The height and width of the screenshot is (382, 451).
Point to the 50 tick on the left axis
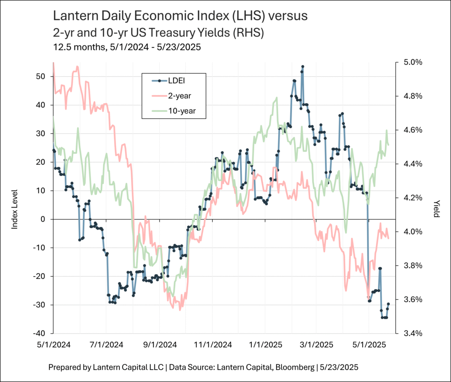pos(41,76)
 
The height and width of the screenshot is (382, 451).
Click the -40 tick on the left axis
pos(40,334)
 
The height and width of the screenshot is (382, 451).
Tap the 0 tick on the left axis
pos(43,219)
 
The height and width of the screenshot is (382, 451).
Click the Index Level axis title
pos(15,209)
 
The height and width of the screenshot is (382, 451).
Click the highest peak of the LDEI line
pos(303,67)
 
